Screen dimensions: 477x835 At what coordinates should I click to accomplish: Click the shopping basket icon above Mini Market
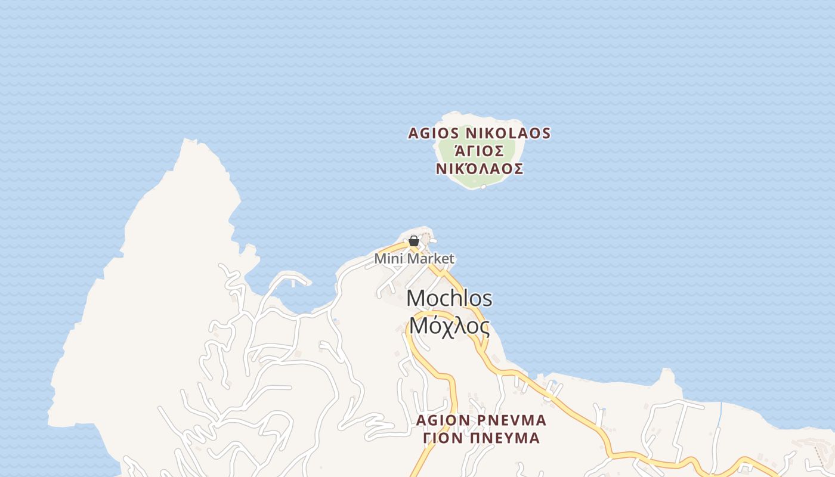point(413,241)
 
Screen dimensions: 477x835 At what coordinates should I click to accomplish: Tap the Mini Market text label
point(414,259)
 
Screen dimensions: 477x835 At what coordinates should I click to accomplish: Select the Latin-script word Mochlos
point(449,298)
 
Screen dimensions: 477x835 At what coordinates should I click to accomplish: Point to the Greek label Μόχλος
point(449,326)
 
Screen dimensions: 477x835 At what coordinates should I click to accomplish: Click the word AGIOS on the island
point(434,134)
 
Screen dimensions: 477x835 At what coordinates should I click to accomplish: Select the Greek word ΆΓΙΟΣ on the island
point(480,151)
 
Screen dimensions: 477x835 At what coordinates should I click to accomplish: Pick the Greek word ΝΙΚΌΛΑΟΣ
point(480,169)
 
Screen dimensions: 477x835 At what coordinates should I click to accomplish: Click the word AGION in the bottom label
point(443,420)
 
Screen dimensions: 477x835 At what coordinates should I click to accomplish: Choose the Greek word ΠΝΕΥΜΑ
point(508,438)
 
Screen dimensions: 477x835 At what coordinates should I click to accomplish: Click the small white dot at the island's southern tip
point(483,187)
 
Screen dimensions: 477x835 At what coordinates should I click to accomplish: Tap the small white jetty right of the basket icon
point(432,241)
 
